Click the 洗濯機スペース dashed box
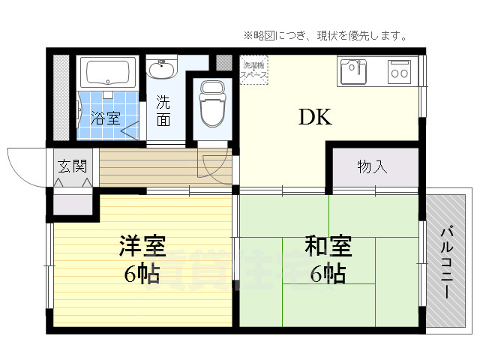coord(253,70)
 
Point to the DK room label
coord(315,118)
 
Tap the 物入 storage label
coord(372,166)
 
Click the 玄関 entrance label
coord(72,166)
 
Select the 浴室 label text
coord(106,118)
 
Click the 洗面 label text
coord(163,109)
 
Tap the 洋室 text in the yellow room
coord(142,245)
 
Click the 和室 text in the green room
coord(328,245)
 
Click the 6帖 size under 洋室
coord(142,274)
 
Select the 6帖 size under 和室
coord(328,274)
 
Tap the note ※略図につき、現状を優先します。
coord(324,35)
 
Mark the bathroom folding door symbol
coord(130,128)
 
